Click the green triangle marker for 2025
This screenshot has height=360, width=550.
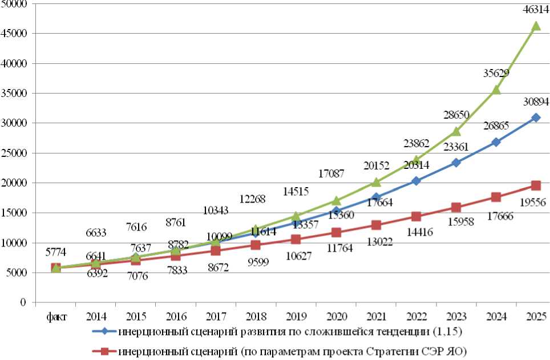tap(536, 26)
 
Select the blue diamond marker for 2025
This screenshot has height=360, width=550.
tap(536, 118)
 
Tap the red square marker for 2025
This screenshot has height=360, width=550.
tap(536, 185)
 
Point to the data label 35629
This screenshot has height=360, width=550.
tap(495, 73)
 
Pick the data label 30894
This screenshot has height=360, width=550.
tap(535, 103)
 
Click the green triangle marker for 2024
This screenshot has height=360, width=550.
tap(496, 90)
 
